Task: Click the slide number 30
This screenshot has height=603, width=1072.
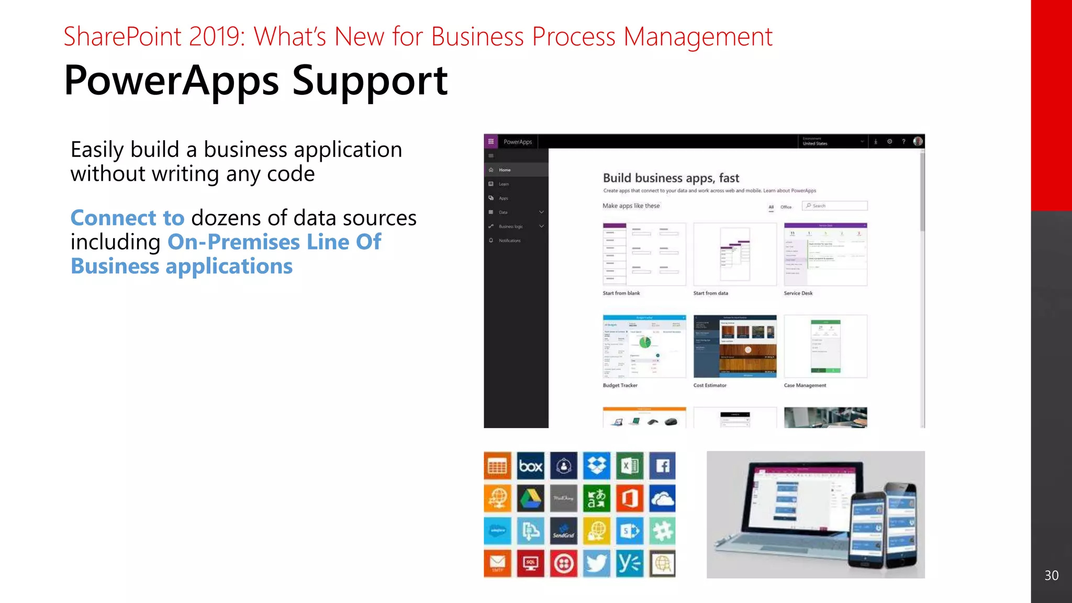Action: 1051,575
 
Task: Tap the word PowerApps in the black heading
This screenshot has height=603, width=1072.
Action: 171,81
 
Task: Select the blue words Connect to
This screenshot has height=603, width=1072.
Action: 127,218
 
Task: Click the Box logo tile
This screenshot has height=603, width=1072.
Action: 530,465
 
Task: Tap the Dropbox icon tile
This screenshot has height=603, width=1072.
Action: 596,465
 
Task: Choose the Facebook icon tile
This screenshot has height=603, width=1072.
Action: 662,465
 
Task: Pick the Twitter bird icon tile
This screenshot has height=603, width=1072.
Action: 596,564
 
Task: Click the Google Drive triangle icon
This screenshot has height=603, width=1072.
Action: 530,498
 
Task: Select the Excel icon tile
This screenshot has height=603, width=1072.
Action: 629,465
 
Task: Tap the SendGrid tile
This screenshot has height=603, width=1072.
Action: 563,531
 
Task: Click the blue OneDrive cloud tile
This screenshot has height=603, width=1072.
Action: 662,498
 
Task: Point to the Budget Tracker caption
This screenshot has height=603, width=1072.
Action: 620,385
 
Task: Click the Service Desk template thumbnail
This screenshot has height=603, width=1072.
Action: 825,254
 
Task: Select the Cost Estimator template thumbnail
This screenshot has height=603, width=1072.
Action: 734,346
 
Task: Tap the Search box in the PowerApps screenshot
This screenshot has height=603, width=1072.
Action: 836,206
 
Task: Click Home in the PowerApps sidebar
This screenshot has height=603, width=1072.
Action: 505,170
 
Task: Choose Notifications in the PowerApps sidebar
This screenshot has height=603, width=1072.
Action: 509,240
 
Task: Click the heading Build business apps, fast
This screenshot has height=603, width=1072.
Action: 671,178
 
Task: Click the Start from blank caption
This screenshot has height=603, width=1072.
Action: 621,293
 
